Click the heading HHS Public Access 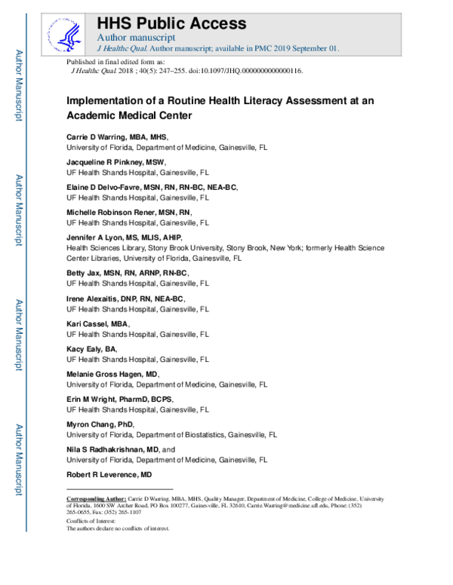click(x=172, y=23)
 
